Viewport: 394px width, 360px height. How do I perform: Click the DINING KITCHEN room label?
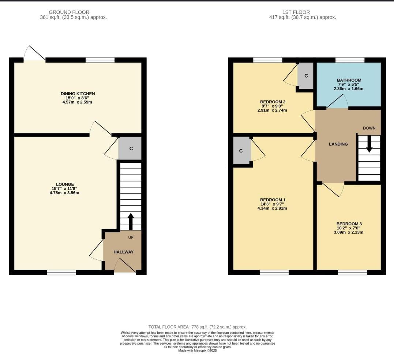coord(78,94)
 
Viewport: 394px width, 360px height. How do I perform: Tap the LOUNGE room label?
coord(65,184)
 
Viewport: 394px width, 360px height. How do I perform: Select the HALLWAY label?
coord(123,252)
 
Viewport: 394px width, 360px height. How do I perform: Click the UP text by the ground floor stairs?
coord(131,237)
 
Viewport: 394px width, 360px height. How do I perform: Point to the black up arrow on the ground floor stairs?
coord(131,221)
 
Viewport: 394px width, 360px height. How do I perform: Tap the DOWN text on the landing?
coord(369,128)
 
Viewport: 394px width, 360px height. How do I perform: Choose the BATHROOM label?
coord(349,80)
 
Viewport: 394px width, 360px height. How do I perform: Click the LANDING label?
coord(338,144)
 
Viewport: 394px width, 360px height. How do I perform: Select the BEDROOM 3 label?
coord(349,224)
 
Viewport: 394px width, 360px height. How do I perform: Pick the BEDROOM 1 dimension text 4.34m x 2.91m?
coord(272,208)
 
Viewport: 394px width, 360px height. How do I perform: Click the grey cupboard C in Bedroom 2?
coord(305,76)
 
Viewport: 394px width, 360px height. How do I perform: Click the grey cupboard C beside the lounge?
coord(130,148)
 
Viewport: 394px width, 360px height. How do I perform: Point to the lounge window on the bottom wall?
coord(61,272)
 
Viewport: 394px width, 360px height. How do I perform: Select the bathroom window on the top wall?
coord(350,60)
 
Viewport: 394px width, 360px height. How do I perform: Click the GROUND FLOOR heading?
coord(69,12)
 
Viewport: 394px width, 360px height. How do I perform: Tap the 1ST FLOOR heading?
coord(296,12)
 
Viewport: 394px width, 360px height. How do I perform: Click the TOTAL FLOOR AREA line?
coord(197,327)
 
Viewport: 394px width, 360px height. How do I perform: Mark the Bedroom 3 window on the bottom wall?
coord(352,272)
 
